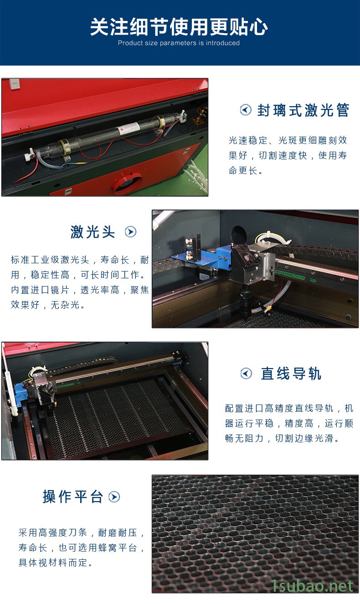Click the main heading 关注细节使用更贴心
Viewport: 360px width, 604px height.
click(x=179, y=27)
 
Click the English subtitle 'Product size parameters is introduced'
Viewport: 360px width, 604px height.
click(x=179, y=43)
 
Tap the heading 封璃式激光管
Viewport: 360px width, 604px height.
click(x=303, y=110)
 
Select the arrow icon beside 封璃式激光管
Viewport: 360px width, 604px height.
click(x=246, y=110)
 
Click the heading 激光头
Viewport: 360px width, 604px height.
click(x=93, y=231)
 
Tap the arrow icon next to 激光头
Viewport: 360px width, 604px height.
click(x=131, y=231)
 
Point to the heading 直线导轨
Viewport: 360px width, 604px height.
click(x=291, y=374)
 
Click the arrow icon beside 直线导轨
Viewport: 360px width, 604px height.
click(x=246, y=374)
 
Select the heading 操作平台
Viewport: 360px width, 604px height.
click(x=73, y=497)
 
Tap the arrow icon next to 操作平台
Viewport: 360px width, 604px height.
click(x=114, y=497)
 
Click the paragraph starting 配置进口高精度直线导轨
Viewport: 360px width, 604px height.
click(x=289, y=423)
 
